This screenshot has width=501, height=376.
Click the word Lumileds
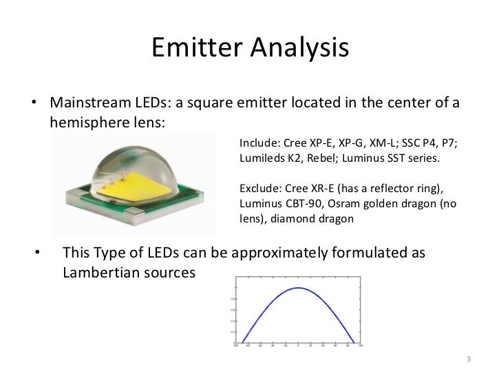[262, 158]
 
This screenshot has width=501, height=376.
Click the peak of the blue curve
[297, 288]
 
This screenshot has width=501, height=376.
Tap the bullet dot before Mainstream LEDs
[33, 105]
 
